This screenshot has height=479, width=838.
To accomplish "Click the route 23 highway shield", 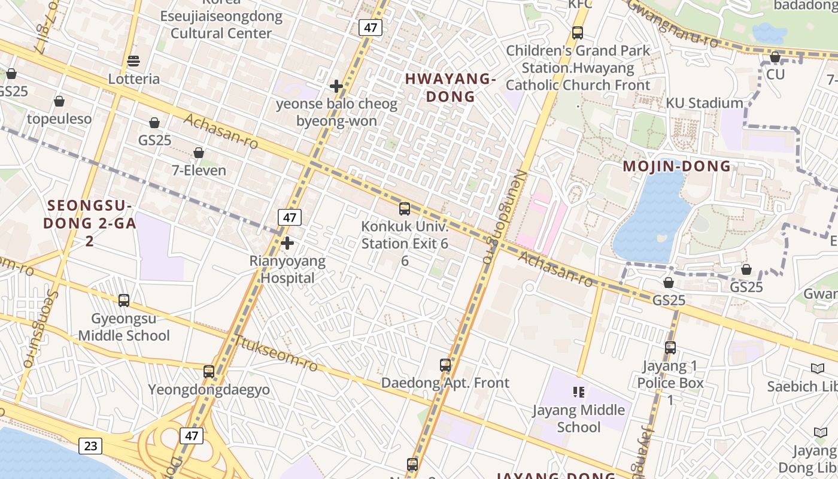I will [90, 445].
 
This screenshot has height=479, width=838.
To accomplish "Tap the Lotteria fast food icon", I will [133, 61].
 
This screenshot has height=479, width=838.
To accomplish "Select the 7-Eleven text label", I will [199, 170].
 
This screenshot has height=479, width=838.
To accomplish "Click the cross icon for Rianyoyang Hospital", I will [287, 243].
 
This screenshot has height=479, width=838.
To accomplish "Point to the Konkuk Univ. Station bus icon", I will [405, 209].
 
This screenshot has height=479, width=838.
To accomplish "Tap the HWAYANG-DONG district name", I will [450, 87].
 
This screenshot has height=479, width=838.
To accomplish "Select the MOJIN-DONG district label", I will [677, 166].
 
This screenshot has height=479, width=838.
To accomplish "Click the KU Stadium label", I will [705, 103].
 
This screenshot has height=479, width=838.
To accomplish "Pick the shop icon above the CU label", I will [775, 57].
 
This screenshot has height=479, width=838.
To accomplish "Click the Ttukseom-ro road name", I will [276, 353].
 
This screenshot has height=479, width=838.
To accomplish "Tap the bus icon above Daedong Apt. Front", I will [445, 365].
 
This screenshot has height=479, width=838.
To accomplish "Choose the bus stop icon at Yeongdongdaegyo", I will [209, 372].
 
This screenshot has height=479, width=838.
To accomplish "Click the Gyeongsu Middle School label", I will [124, 327].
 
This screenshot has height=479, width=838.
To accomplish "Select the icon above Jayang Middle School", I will [579, 392].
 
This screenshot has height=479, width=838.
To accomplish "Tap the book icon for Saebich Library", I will [817, 369].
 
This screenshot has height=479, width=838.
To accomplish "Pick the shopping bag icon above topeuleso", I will [59, 101].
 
